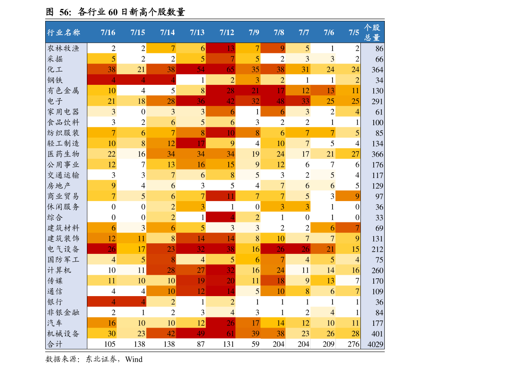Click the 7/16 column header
[108, 32]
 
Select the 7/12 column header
[227, 32]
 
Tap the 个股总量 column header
[372, 32]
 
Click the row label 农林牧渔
[63, 48]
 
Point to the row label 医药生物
[63, 154]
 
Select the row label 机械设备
[63, 333]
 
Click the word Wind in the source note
[134, 359]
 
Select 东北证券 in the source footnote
[101, 359]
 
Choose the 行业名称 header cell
[64, 32]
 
